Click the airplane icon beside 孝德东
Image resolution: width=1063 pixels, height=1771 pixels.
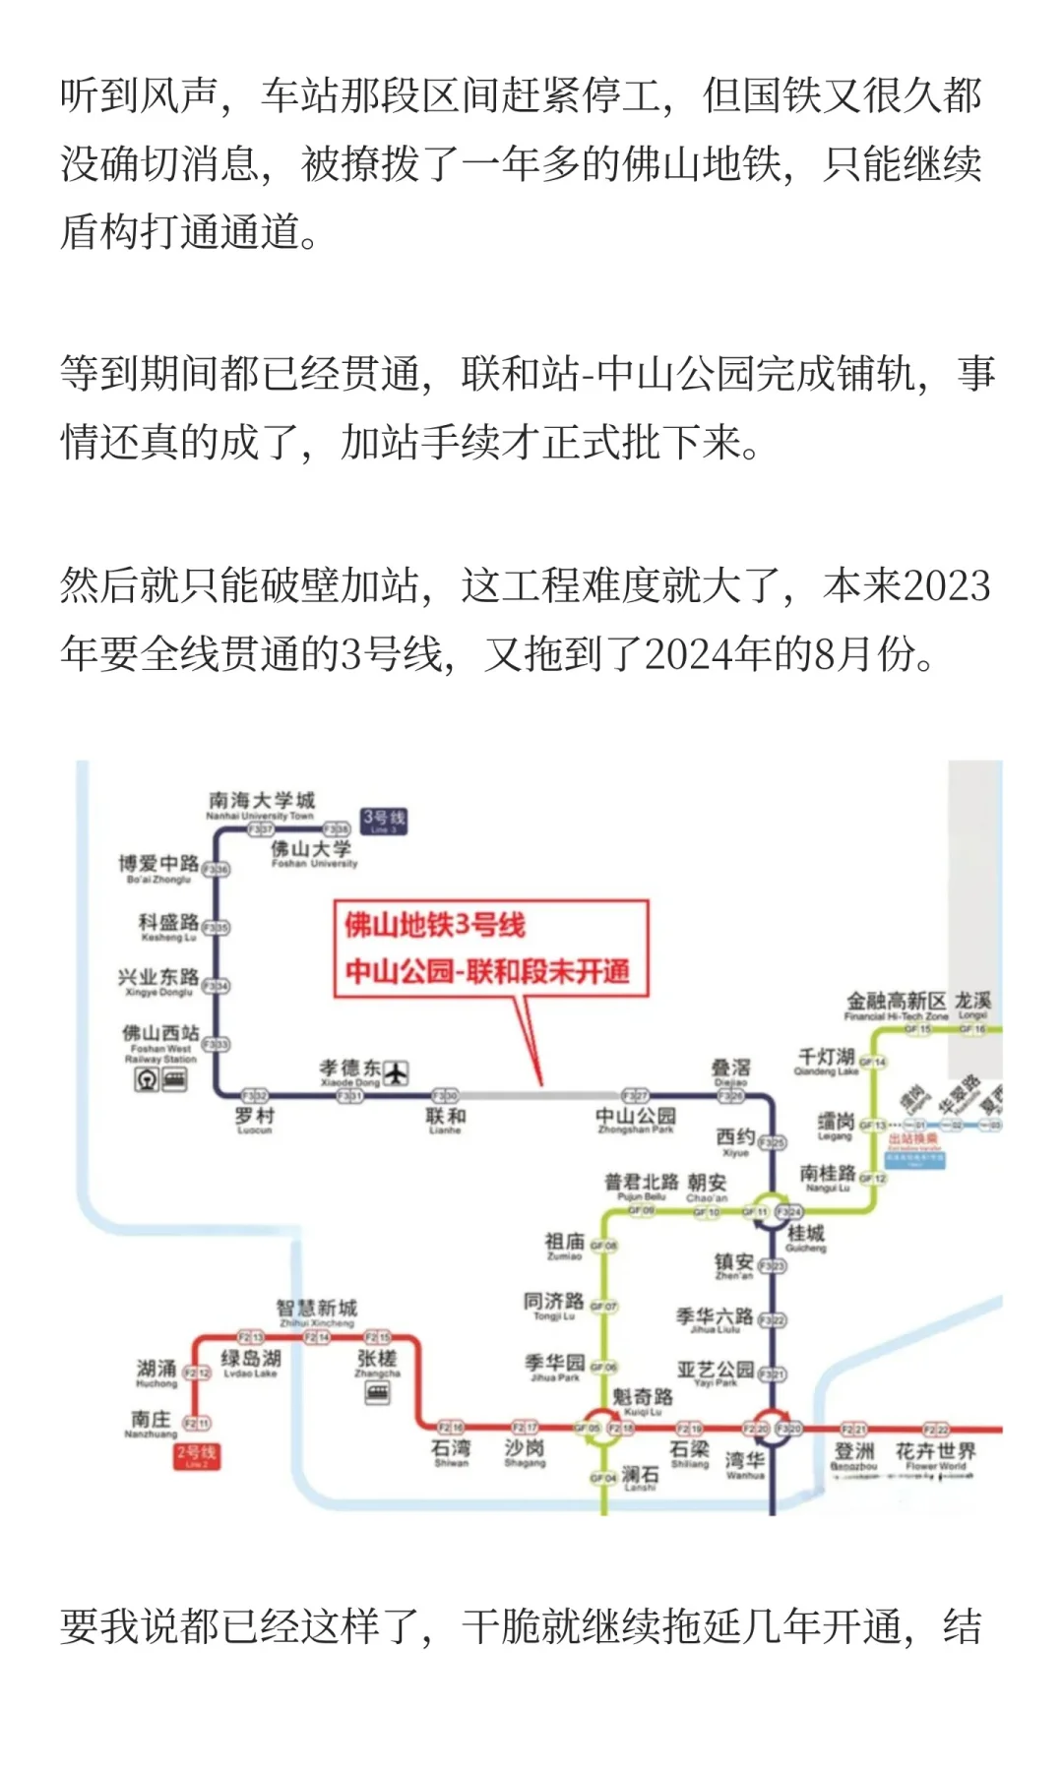[396, 1072]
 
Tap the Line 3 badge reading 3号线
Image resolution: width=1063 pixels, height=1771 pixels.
[383, 821]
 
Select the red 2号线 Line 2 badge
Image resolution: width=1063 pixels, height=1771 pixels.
[196, 1455]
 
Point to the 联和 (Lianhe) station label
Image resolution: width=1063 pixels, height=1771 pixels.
[446, 1120]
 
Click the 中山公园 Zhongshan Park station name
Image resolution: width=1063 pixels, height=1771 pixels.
[636, 1120]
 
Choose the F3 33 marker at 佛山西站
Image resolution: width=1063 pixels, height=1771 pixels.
[216, 1044]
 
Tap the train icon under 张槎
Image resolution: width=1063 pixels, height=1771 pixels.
[377, 1392]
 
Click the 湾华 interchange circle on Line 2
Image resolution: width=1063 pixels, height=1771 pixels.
[772, 1429]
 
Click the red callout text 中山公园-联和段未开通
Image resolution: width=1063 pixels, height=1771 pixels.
[487, 971]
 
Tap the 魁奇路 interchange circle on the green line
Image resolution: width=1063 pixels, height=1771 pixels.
[602, 1428]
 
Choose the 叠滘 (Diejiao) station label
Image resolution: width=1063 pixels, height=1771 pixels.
[730, 1069]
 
